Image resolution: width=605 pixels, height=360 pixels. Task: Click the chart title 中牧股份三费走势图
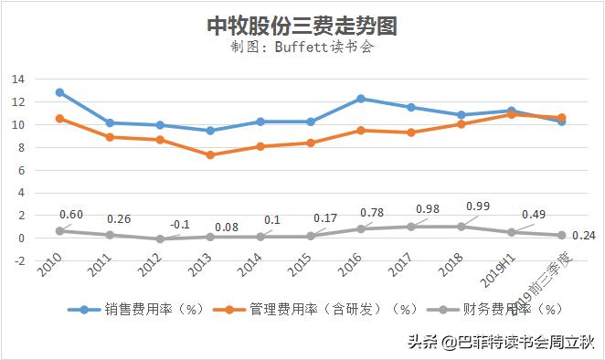pyautogui.click(x=302, y=26)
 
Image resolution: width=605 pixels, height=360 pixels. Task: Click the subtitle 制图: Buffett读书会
pyautogui.click(x=302, y=48)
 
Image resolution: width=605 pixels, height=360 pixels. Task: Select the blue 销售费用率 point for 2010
pyautogui.click(x=60, y=92)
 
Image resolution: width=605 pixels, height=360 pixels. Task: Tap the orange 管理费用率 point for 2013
pyautogui.click(x=210, y=155)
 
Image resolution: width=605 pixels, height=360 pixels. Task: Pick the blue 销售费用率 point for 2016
pyautogui.click(x=361, y=99)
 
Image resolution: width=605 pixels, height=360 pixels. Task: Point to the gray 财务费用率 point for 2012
pyautogui.click(x=160, y=239)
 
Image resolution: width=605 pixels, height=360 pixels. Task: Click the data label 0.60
pyautogui.click(x=71, y=215)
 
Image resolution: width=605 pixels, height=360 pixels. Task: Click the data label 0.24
pyautogui.click(x=583, y=235)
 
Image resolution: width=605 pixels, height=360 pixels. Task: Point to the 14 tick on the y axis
pyautogui.click(x=16, y=79)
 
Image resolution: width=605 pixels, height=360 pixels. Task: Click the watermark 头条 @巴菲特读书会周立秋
pyautogui.click(x=500, y=344)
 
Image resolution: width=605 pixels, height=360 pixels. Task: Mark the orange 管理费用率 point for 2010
pyautogui.click(x=60, y=119)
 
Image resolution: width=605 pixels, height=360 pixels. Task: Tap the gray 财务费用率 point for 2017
pyautogui.click(x=411, y=227)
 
